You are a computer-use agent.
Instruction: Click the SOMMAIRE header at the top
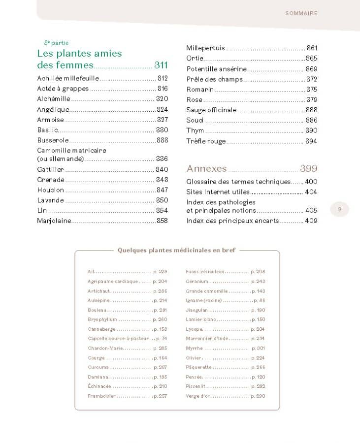tap(301, 13)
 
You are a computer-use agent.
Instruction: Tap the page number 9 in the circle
tap(339, 209)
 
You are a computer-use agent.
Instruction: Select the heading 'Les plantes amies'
tap(79, 53)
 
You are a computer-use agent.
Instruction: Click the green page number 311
tap(161, 65)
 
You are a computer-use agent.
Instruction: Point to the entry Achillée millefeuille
tap(68, 78)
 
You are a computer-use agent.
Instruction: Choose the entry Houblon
tap(51, 190)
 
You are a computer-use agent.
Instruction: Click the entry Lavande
tap(50, 200)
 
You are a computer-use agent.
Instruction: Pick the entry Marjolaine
tap(54, 221)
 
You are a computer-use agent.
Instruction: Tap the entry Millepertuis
tap(205, 48)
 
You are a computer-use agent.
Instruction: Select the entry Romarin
tap(200, 90)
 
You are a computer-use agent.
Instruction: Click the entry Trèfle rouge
tap(206, 141)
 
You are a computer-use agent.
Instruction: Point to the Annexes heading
tap(206, 168)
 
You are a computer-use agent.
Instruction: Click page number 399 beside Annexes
tap(309, 168)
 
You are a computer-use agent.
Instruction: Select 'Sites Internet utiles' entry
tap(218, 192)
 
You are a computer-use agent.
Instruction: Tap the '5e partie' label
tap(56, 43)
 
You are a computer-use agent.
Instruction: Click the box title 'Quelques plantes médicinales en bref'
tap(176, 250)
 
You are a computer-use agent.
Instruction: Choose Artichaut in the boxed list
tap(98, 291)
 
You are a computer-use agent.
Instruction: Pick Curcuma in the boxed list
tap(98, 367)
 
